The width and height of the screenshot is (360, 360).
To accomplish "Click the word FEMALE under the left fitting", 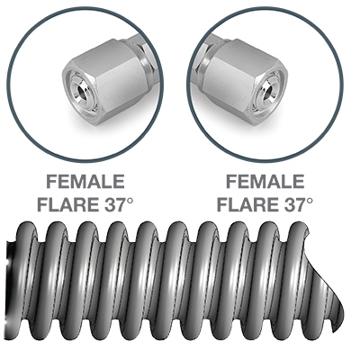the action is pos(85,182).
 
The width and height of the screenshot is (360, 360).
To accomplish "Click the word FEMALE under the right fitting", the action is pos(265,182).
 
